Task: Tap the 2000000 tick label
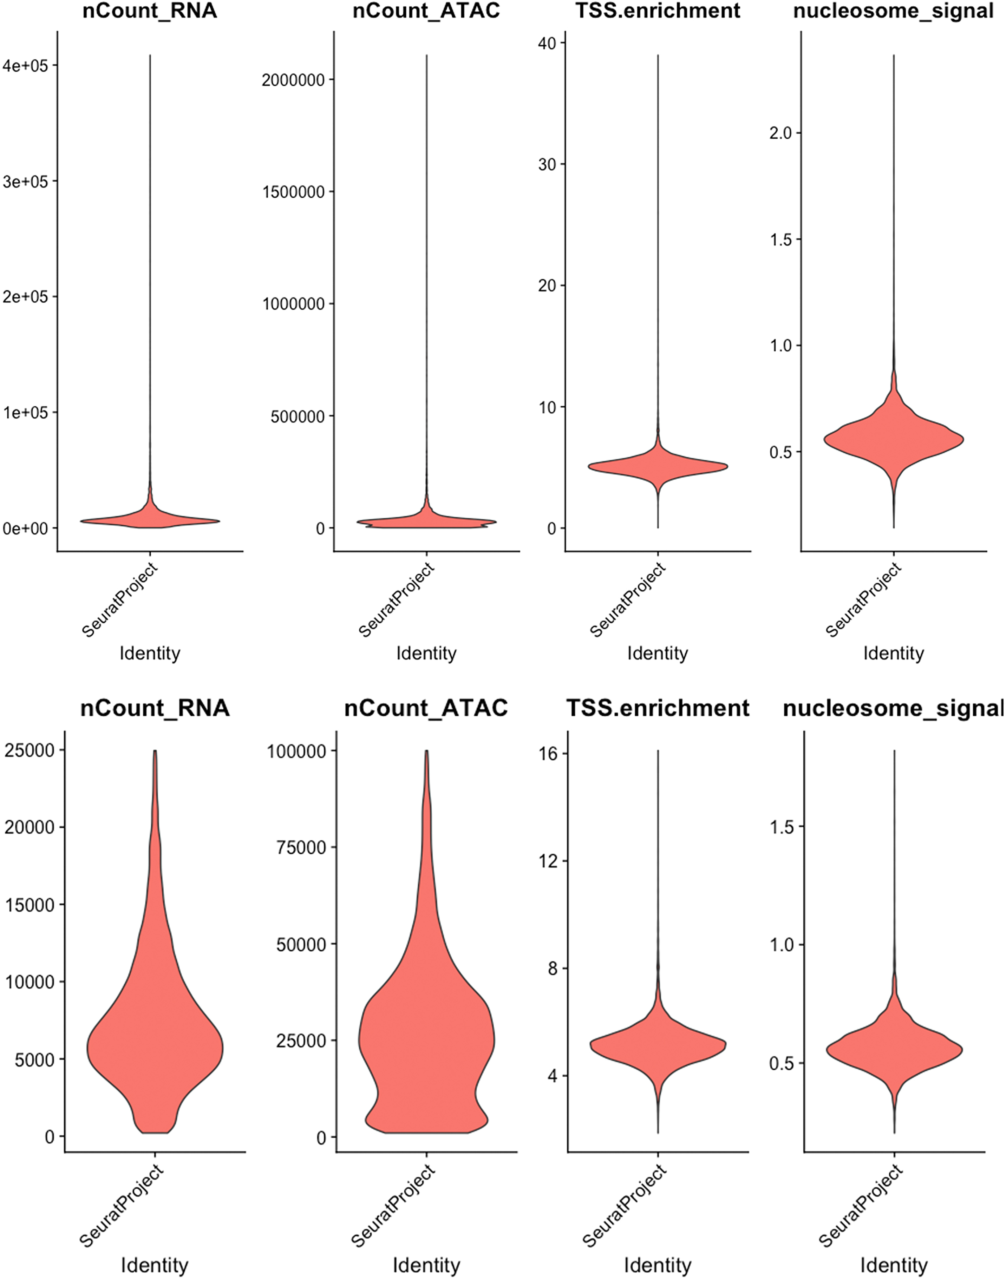pos(293,80)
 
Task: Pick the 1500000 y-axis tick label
pos(293,192)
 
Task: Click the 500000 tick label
pos(298,416)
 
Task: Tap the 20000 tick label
pos(30,828)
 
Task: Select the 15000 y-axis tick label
pos(30,905)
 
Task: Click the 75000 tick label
pos(302,848)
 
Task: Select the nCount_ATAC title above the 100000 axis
pos(426,708)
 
